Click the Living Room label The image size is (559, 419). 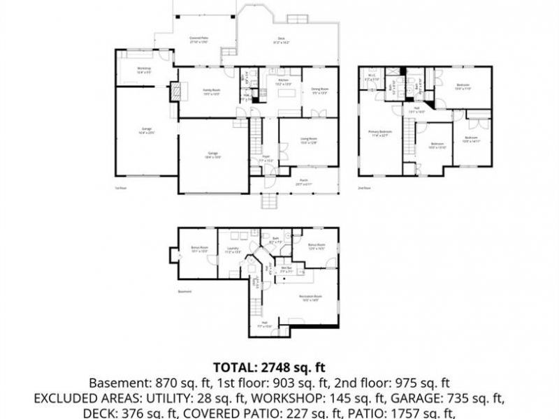pos(309,141)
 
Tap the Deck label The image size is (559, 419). pos(282,41)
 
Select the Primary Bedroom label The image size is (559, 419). pos(381,133)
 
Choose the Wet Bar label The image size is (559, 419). pos(286,267)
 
